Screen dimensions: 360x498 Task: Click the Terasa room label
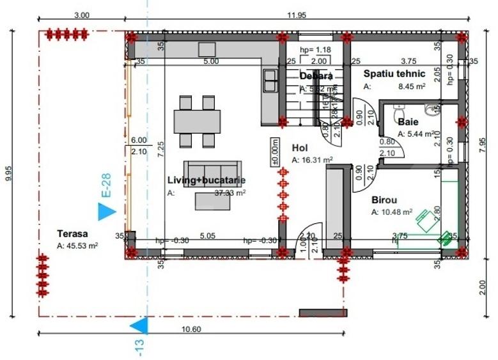72,234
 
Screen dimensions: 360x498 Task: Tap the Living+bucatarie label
206,180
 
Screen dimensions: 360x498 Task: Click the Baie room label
408,121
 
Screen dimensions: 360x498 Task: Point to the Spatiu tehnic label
394,74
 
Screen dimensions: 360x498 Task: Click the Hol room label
300,147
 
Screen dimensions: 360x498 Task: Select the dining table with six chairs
197,121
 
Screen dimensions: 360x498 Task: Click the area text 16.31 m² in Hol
317,160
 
